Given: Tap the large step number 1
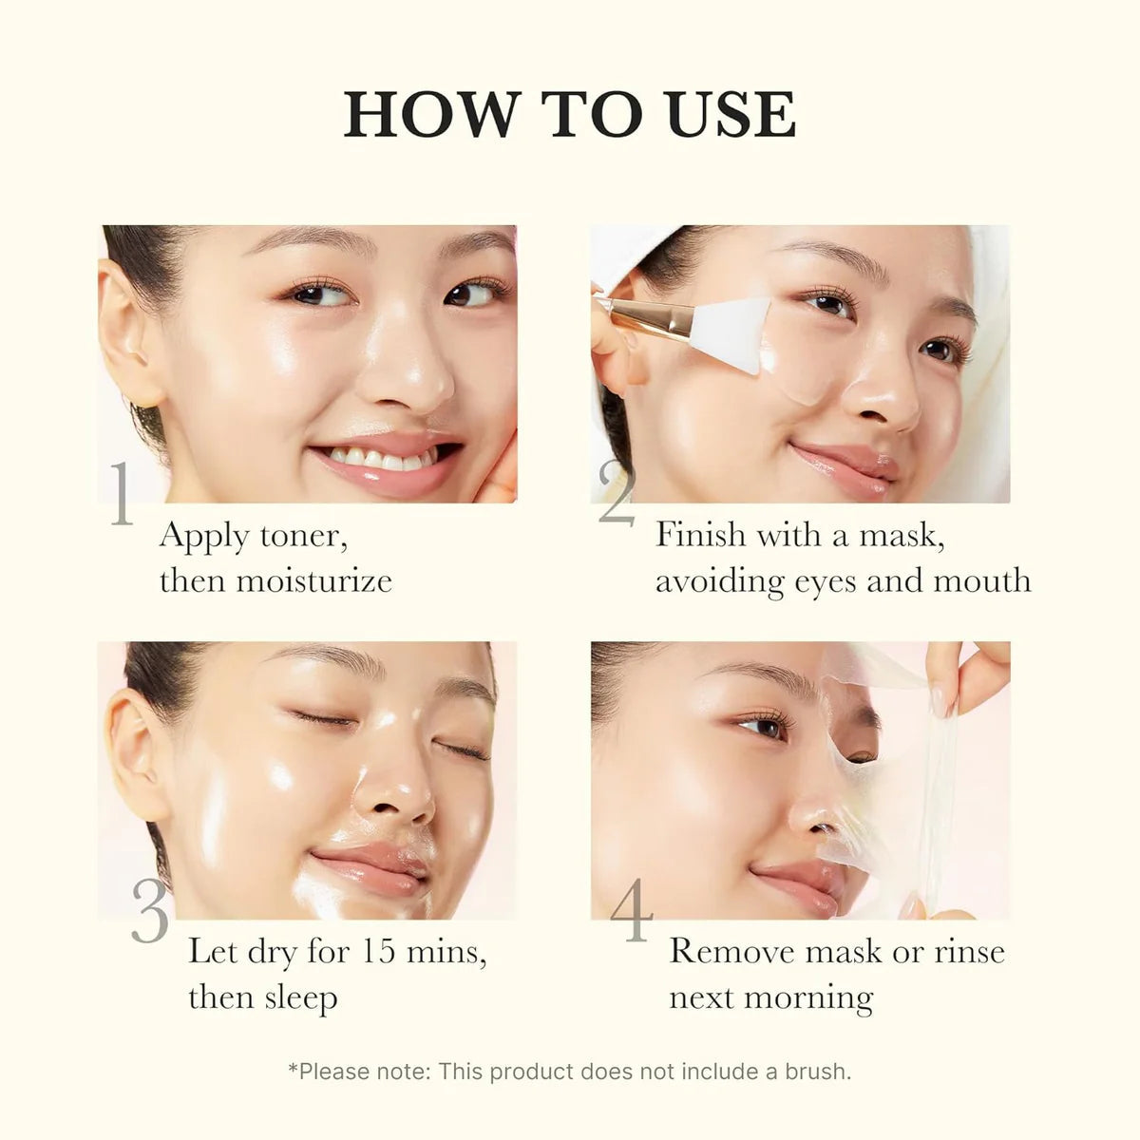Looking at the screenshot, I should click(x=121, y=495).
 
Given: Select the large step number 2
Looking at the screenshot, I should click(x=617, y=495).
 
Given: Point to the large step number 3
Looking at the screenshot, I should click(x=150, y=911).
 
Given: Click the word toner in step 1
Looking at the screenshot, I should click(x=297, y=537).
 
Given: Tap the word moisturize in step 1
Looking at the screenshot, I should click(x=313, y=580).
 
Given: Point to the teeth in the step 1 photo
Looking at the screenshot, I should click(x=375, y=459).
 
